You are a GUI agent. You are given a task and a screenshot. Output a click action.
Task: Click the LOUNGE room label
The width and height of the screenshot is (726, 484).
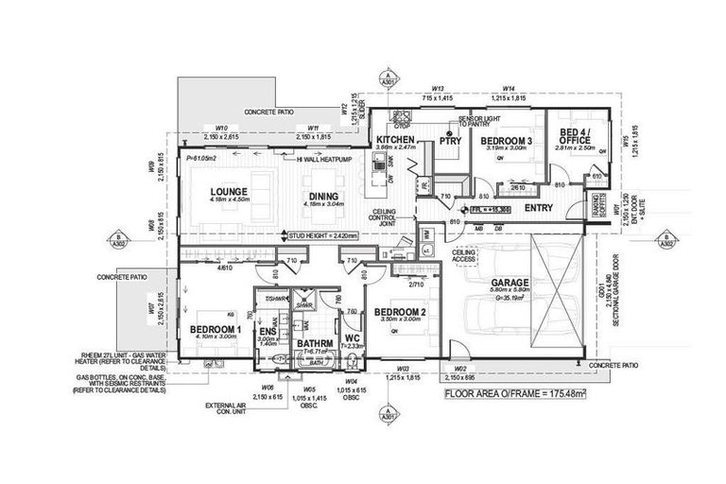click(228, 191)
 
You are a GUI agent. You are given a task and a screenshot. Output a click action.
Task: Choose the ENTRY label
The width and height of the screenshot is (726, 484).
click(537, 207)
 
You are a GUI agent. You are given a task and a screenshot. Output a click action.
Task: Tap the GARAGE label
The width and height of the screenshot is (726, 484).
click(509, 283)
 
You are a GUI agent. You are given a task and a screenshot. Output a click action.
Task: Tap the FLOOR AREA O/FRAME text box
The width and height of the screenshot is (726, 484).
click(521, 391)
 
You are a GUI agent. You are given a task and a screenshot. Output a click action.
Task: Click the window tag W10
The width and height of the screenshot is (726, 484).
click(222, 127)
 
